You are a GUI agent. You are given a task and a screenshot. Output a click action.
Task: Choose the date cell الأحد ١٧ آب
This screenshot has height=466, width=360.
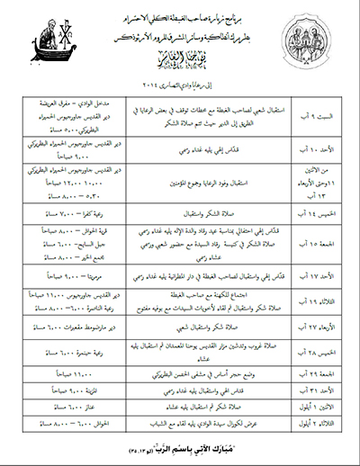[311, 269]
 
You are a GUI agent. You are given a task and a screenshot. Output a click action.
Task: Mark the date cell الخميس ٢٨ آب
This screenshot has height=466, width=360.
[310, 347]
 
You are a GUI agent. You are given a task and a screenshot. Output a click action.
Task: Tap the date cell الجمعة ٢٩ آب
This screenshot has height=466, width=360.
[310, 372]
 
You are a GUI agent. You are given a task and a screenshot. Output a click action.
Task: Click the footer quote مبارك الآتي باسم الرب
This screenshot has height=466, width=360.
[180, 446]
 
